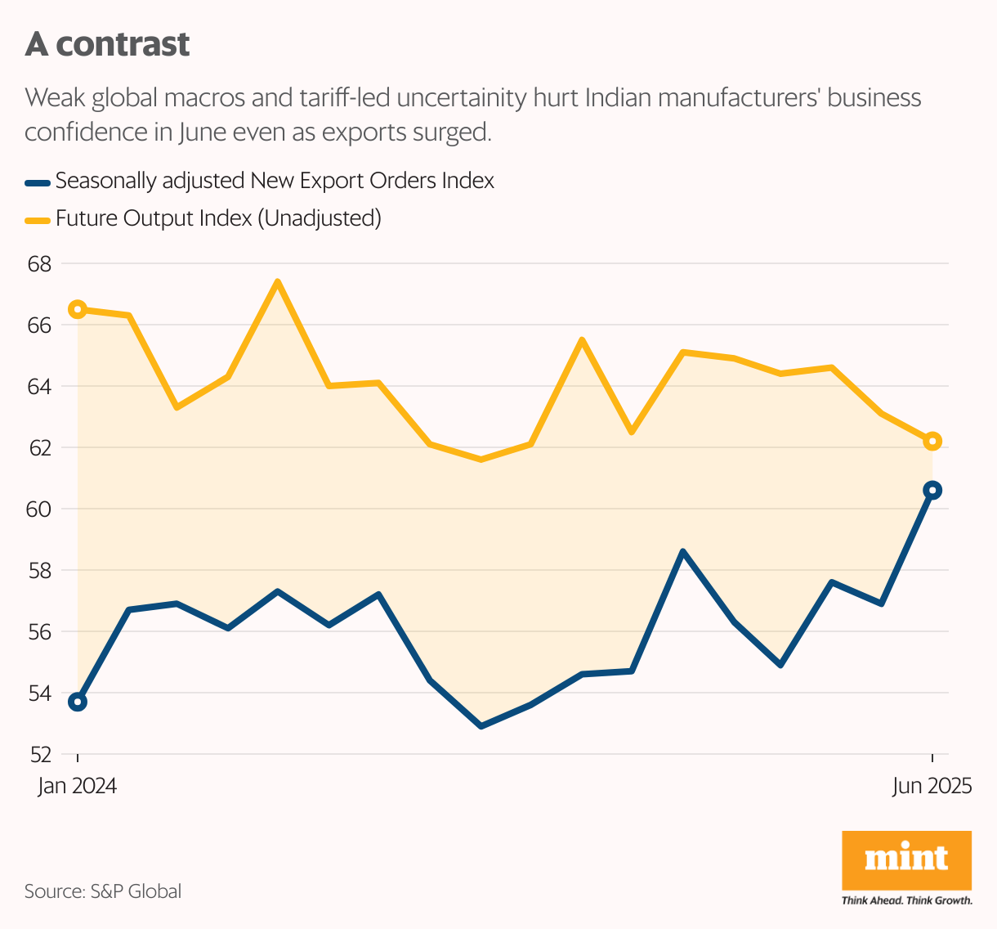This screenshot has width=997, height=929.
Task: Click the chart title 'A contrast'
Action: tap(107, 44)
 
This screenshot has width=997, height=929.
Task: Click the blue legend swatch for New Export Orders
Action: tap(38, 182)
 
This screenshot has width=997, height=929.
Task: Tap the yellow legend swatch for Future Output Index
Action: tap(38, 219)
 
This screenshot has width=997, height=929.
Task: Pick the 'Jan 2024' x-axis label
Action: tap(78, 787)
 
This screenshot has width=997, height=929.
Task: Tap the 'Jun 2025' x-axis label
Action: tap(932, 787)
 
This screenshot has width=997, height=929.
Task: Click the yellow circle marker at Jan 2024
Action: tap(78, 309)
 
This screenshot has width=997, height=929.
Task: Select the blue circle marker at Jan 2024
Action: tap(78, 702)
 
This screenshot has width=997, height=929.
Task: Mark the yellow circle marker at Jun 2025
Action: tap(932, 442)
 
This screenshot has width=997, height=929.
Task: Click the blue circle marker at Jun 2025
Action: tap(932, 491)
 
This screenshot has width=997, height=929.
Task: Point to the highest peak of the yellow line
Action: tap(278, 282)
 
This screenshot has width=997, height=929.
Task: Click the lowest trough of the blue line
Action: tap(481, 726)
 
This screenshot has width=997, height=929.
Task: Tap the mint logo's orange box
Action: tap(906, 860)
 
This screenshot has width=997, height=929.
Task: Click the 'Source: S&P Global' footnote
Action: tap(103, 891)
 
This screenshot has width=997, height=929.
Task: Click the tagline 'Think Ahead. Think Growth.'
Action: tap(906, 900)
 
